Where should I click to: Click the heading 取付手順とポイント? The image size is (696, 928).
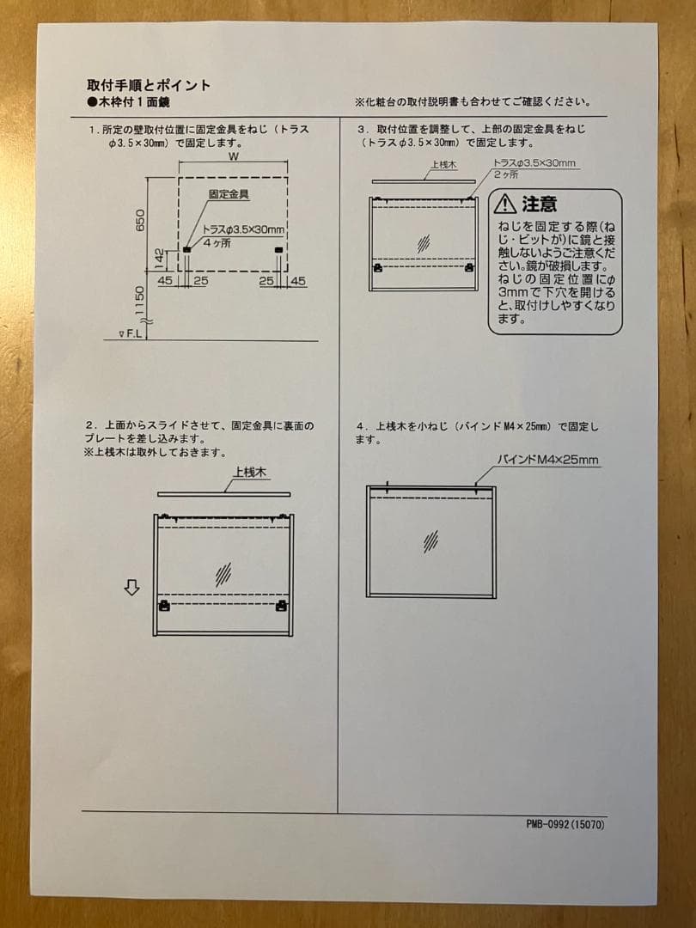click(x=149, y=85)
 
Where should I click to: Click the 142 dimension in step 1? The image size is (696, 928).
click(x=160, y=255)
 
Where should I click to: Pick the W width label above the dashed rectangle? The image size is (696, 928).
click(x=233, y=158)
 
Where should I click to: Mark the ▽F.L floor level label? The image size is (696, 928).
click(x=131, y=333)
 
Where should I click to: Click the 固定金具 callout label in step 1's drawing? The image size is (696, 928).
click(x=229, y=195)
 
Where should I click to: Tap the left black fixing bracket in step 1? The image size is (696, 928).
click(x=186, y=250)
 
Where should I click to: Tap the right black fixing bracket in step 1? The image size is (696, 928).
click(x=278, y=250)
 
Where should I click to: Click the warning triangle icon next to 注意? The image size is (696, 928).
click(x=504, y=204)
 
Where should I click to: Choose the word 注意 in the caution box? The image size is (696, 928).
click(x=540, y=205)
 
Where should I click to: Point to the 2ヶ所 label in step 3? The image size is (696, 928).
click(x=505, y=174)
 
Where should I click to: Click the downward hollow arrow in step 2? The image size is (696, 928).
click(x=131, y=588)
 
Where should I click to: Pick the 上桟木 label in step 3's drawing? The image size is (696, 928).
click(x=442, y=165)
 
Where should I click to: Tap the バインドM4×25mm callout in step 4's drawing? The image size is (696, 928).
click(x=548, y=461)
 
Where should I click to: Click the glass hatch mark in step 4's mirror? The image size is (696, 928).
click(x=430, y=540)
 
